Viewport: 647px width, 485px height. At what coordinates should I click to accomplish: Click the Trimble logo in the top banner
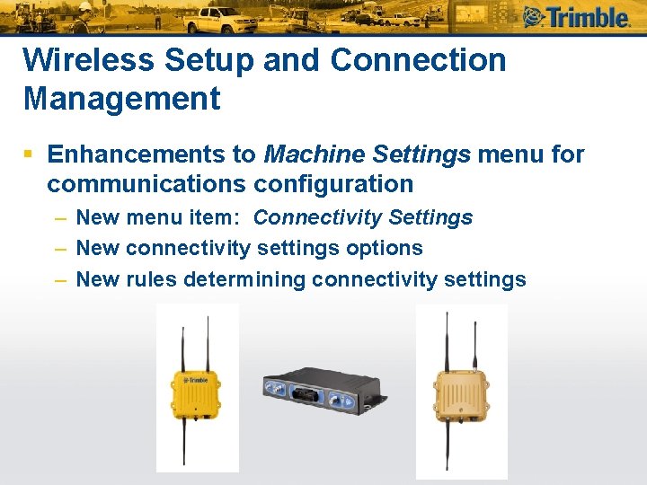coord(576,17)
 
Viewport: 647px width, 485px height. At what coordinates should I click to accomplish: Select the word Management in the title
coord(121,98)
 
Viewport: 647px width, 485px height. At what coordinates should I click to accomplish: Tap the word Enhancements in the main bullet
coord(152,154)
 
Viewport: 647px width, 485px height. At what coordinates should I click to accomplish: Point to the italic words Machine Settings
coord(368,154)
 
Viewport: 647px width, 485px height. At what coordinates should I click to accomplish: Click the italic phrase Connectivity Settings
coord(363,217)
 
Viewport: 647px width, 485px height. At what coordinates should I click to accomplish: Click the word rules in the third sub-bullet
coord(152,279)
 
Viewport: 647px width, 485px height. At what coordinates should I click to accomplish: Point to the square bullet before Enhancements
coord(30,155)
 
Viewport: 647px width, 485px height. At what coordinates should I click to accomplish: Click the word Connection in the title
coord(419,60)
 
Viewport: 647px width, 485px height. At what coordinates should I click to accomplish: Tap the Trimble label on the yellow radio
coord(198,380)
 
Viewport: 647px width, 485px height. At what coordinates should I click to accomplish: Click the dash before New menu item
coord(59,218)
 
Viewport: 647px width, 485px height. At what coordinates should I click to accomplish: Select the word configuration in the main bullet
coord(333,184)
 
